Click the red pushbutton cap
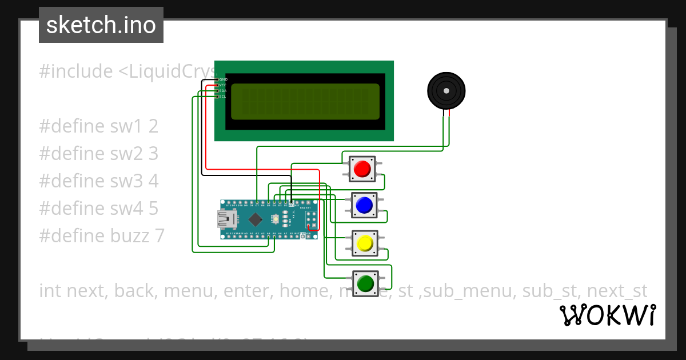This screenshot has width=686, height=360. [x=362, y=169]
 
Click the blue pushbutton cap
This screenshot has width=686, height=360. [x=364, y=205]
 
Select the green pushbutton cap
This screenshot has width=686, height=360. [x=365, y=283]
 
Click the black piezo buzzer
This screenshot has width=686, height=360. [x=446, y=90]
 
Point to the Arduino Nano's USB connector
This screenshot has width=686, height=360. [x=224, y=219]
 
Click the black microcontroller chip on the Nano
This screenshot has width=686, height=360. [x=255, y=219]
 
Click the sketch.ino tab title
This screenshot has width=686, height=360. [x=101, y=25]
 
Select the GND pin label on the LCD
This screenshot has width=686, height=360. [x=223, y=79]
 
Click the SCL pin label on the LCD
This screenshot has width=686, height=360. [x=223, y=97]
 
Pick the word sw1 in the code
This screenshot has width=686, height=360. [x=130, y=126]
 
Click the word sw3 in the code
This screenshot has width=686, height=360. [x=130, y=181]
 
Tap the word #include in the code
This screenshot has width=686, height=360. [x=76, y=72]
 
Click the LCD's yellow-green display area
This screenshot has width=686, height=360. [x=305, y=102]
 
